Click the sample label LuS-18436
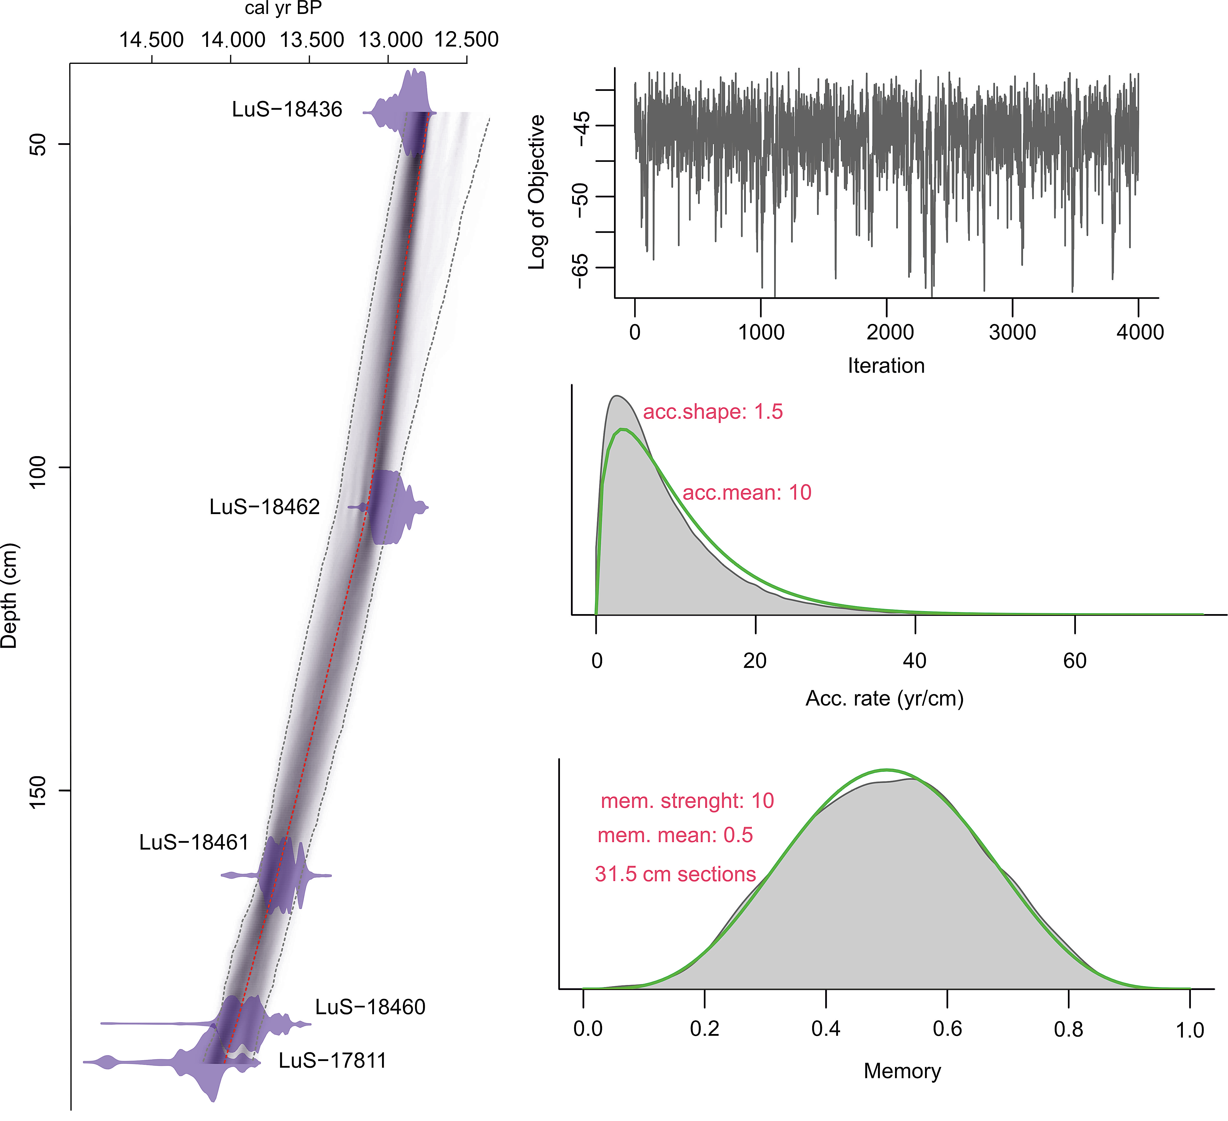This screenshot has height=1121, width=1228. [x=287, y=110]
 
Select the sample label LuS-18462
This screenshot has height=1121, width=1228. [x=264, y=507]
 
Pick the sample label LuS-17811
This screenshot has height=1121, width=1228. [x=333, y=1061]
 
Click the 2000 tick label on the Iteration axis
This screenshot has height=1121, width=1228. [x=890, y=333]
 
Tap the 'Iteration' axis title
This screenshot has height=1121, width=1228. [x=886, y=366]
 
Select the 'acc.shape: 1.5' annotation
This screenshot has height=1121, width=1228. [x=713, y=412]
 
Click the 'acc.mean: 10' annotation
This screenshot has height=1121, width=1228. [x=747, y=493]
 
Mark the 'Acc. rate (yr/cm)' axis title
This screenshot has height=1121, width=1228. [x=884, y=698]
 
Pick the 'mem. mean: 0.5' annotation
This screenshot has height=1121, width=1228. [x=675, y=835]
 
